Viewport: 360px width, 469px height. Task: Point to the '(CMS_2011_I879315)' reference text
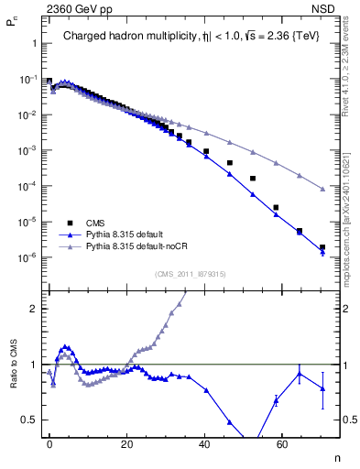pyautogui.click(x=190, y=273)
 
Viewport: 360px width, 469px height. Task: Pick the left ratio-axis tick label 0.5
pyautogui.click(x=30, y=420)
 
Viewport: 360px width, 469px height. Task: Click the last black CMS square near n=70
pyautogui.click(x=322, y=247)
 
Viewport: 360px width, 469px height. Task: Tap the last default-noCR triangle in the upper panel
pyautogui.click(x=322, y=190)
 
